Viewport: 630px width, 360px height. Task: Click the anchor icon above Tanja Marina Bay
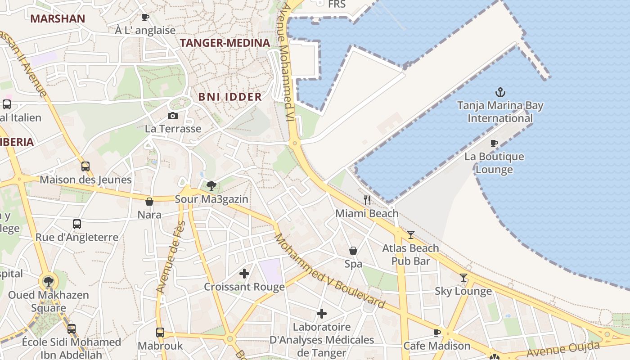pyautogui.click(x=500, y=92)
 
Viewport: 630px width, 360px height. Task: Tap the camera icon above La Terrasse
pyautogui.click(x=172, y=116)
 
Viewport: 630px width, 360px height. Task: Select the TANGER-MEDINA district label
pyautogui.click(x=225, y=43)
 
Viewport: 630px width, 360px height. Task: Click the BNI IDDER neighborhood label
pyautogui.click(x=230, y=97)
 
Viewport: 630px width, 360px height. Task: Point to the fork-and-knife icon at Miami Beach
pyautogui.click(x=367, y=200)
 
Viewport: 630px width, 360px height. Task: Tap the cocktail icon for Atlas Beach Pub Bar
pyautogui.click(x=410, y=234)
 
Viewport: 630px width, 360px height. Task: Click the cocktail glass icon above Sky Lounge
pyautogui.click(x=463, y=278)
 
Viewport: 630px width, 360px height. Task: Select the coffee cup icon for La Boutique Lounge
pyautogui.click(x=494, y=144)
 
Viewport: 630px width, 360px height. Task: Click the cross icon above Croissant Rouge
pyautogui.click(x=244, y=273)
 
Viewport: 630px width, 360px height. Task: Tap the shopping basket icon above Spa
pyautogui.click(x=353, y=250)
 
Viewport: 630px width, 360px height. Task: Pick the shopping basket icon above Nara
pyautogui.click(x=149, y=202)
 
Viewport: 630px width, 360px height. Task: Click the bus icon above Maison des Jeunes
pyautogui.click(x=85, y=166)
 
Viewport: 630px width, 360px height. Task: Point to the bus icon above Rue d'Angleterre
pyautogui.click(x=77, y=224)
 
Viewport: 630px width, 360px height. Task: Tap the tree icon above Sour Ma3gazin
pyautogui.click(x=211, y=185)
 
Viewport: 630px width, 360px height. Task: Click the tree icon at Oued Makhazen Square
pyautogui.click(x=48, y=282)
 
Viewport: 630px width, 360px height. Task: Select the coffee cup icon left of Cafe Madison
pyautogui.click(x=436, y=333)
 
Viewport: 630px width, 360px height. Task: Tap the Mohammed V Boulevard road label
pyautogui.click(x=329, y=271)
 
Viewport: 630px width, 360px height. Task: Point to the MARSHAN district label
pyautogui.click(x=58, y=18)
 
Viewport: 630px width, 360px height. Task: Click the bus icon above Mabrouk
pyautogui.click(x=160, y=333)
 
